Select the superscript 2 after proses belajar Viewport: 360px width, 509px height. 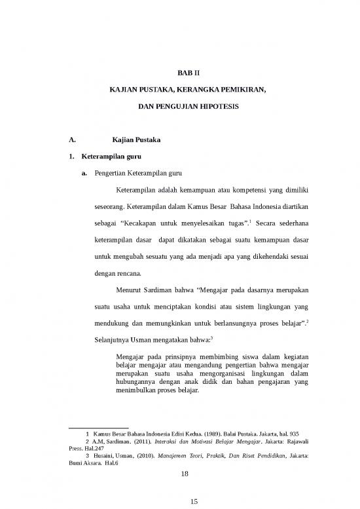[x=310, y=320]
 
